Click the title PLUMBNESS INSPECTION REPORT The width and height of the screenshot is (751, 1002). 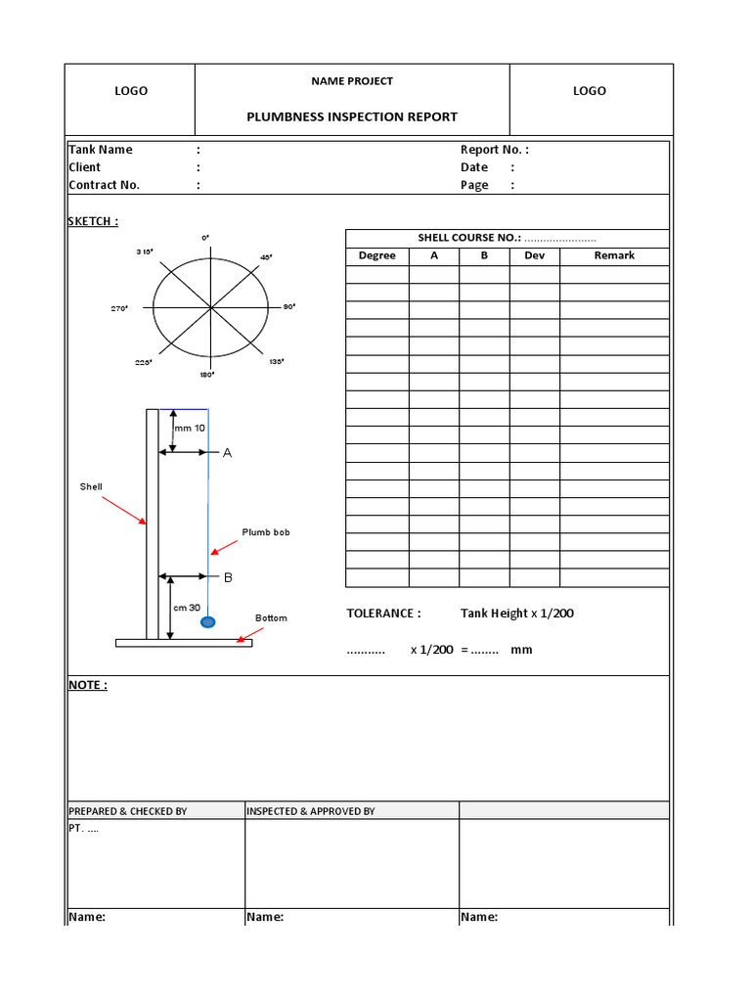tap(352, 116)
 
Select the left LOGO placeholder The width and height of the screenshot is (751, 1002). tap(131, 91)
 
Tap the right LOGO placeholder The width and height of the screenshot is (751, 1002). tap(589, 91)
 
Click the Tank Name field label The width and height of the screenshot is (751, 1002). tap(100, 150)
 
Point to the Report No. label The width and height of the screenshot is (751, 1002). tap(494, 150)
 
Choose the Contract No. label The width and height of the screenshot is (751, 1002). tap(104, 185)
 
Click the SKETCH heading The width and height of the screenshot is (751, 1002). tap(93, 221)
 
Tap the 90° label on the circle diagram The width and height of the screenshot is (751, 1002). tap(289, 306)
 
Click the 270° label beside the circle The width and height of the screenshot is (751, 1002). tap(120, 308)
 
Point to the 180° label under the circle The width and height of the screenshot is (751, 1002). tap(206, 374)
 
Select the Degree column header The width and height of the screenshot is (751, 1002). tap(376, 255)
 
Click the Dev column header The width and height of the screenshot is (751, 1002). tap(534, 255)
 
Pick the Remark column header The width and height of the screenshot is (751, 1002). tap(614, 255)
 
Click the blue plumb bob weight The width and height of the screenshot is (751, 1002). tap(207, 621)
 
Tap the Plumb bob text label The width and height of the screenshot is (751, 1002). tap(266, 532)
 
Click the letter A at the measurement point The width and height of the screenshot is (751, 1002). tap(228, 453)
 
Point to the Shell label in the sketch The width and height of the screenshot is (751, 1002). tap(91, 486)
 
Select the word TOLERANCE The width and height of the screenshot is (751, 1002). tap(383, 614)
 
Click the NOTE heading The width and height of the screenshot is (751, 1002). tap(87, 685)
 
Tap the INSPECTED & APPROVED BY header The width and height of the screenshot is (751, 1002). tap(310, 811)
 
